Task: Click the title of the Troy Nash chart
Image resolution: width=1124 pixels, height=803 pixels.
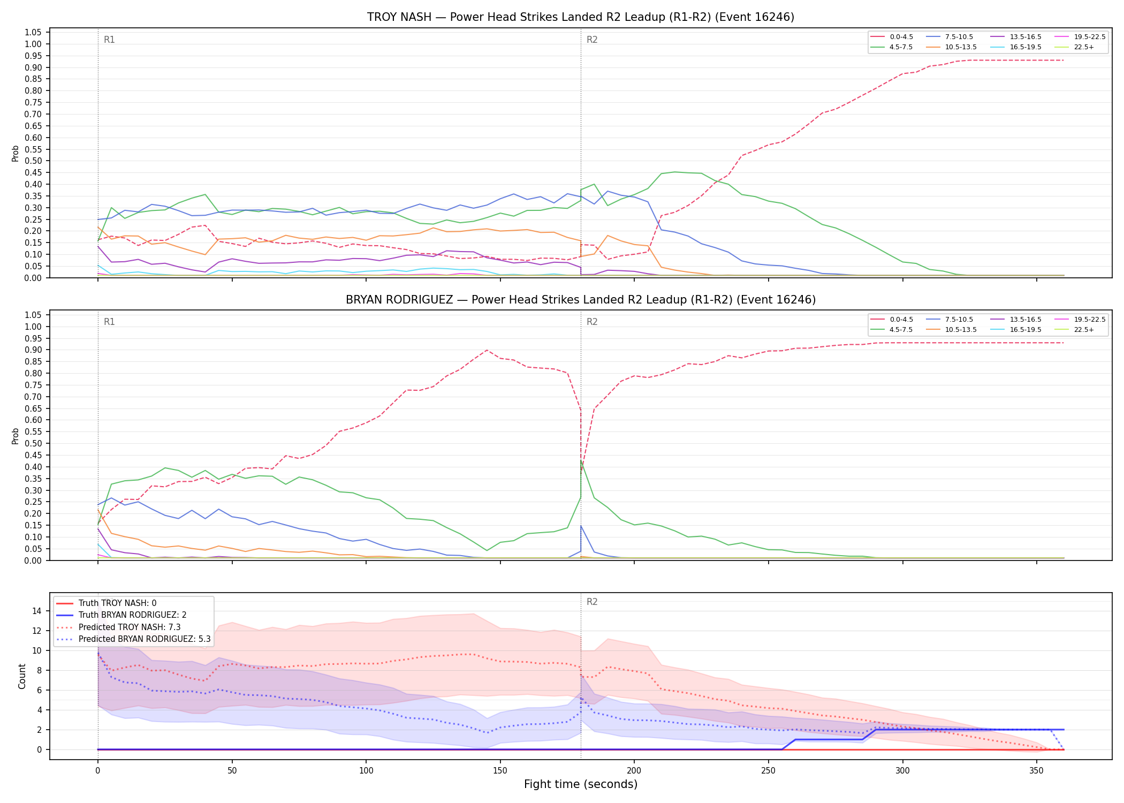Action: pyautogui.click(x=581, y=17)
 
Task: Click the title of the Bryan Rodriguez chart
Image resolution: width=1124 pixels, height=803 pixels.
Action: pyautogui.click(x=581, y=300)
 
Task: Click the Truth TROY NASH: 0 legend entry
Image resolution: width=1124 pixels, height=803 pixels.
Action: pyautogui.click(x=106, y=603)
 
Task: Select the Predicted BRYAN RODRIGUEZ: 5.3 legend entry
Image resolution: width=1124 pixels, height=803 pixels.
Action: pyautogui.click(x=133, y=639)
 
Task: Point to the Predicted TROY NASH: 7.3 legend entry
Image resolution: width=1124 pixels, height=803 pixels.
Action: pyautogui.click(x=118, y=627)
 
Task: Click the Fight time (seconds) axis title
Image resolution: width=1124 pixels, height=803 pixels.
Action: pyautogui.click(x=581, y=784)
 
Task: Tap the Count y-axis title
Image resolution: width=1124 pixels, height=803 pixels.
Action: pyautogui.click(x=22, y=676)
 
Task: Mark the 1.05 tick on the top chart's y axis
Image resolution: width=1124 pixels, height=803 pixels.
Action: pyautogui.click(x=33, y=33)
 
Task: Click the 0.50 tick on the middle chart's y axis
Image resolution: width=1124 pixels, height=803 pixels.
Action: pyautogui.click(x=33, y=444)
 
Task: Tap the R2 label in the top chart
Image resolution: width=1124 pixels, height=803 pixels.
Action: pyautogui.click(x=592, y=40)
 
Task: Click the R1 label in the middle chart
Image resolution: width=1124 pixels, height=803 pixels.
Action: pyautogui.click(x=109, y=322)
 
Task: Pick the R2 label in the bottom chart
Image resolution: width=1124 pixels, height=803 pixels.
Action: pyautogui.click(x=592, y=602)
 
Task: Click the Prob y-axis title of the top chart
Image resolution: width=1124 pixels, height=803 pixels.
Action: pyautogui.click(x=16, y=154)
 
